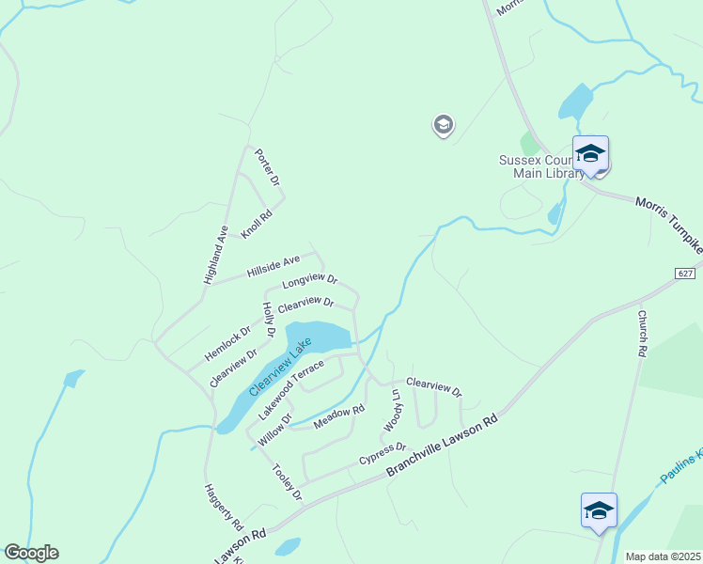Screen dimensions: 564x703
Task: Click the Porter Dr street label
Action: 274,166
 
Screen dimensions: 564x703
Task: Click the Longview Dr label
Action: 309,281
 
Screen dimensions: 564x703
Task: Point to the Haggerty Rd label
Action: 224,507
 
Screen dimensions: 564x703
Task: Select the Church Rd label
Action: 643,334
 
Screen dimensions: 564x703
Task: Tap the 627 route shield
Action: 685,273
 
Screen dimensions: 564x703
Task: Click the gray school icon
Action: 443,125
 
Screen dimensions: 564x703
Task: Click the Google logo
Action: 31,553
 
